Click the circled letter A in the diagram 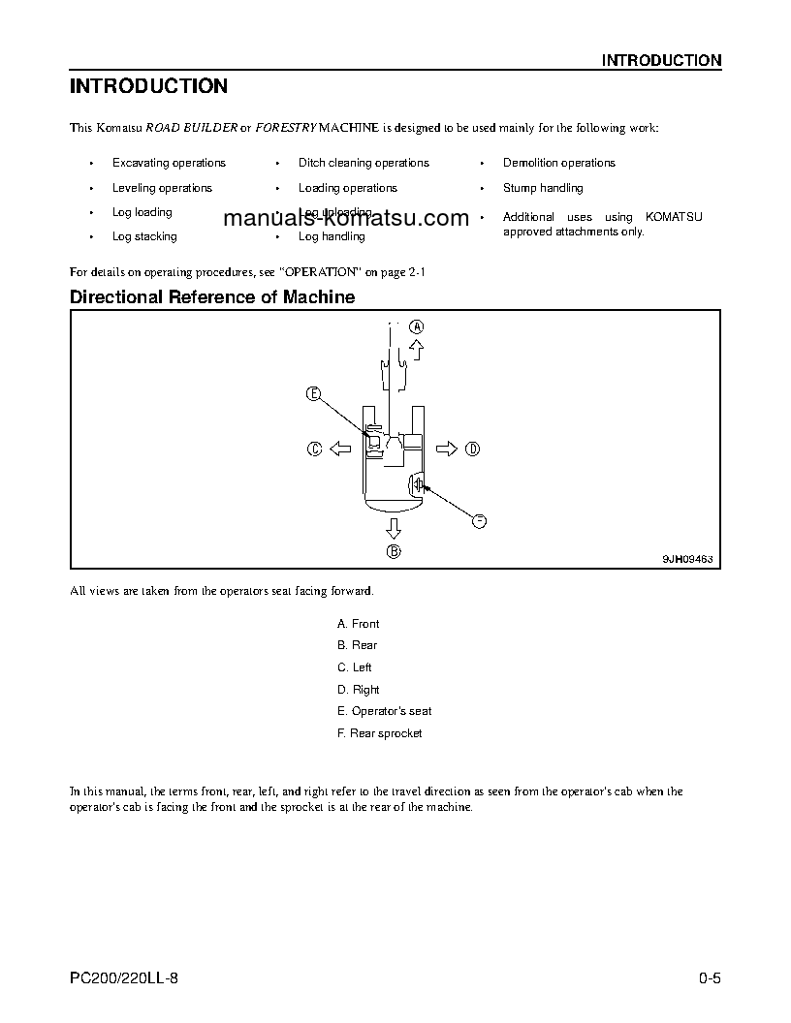click(x=416, y=326)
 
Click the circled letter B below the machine click(x=394, y=552)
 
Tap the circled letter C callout click(x=315, y=448)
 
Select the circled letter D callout click(x=472, y=448)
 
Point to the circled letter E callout click(x=313, y=392)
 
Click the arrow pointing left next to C click(x=340, y=448)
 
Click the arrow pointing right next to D click(x=446, y=448)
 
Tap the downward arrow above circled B click(x=393, y=527)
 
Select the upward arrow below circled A click(x=416, y=350)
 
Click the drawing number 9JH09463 click(x=687, y=558)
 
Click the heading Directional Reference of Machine click(x=212, y=297)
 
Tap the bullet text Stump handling click(x=543, y=188)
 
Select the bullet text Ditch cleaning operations click(x=364, y=163)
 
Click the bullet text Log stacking click(x=144, y=236)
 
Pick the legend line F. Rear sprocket click(x=379, y=733)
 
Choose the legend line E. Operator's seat click(x=384, y=711)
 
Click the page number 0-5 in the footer click(x=710, y=978)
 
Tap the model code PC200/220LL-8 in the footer click(x=124, y=978)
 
